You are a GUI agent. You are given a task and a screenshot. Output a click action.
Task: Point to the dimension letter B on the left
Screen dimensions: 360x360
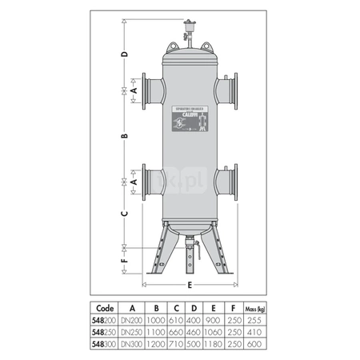click(124, 137)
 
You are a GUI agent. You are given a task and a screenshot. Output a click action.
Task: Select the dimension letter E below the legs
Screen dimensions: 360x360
click(189, 284)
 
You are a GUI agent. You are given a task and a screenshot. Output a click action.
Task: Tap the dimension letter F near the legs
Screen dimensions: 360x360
click(124, 261)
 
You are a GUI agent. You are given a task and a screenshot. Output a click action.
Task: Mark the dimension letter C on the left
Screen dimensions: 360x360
click(124, 214)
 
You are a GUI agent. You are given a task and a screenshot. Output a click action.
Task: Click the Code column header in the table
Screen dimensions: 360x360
click(104, 306)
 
